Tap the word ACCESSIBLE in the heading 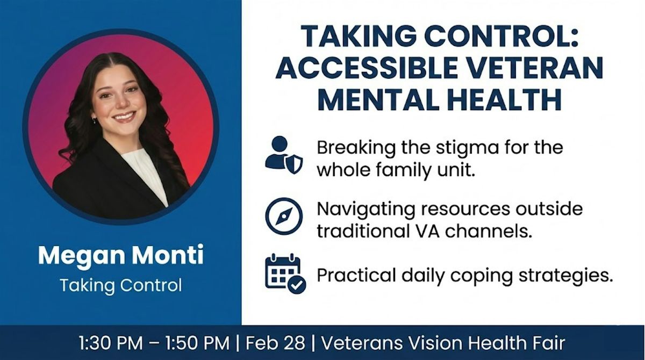click(x=365, y=68)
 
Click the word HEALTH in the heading click(x=506, y=99)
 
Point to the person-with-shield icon click(x=284, y=155)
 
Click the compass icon click(x=284, y=217)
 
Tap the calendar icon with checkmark click(x=285, y=273)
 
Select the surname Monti click(x=168, y=255)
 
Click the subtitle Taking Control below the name click(x=121, y=285)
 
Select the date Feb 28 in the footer click(x=275, y=343)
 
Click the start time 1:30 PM click(x=111, y=343)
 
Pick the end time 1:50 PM click(x=198, y=343)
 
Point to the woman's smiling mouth click(x=124, y=117)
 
